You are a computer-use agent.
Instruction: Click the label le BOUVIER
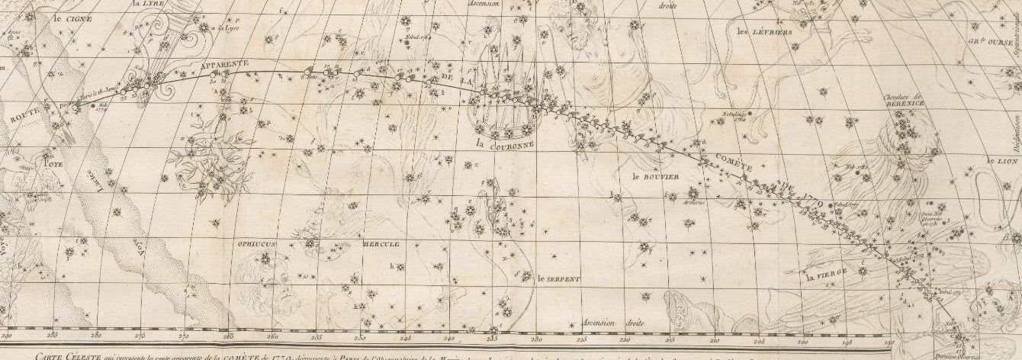pos(654,175)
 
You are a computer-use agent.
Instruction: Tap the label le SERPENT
pos(558,279)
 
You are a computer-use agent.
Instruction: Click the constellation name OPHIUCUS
pos(257,243)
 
